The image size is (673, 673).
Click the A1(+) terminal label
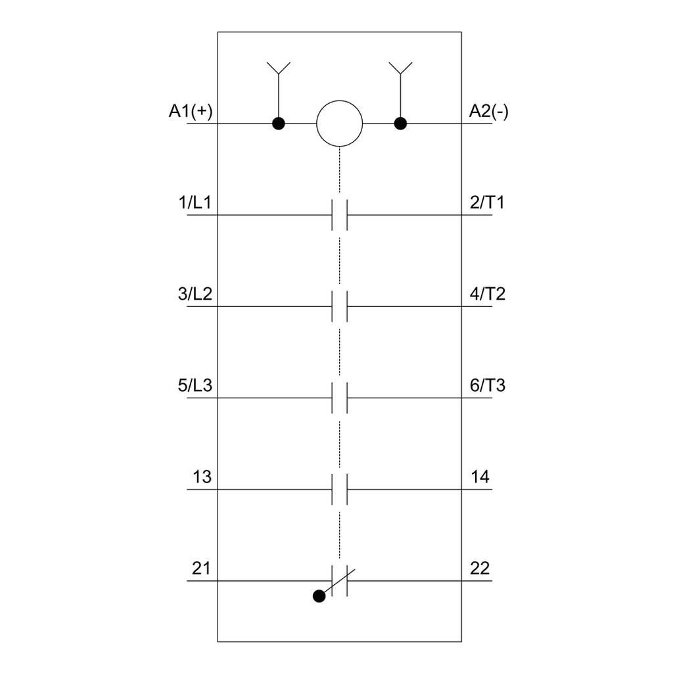(x=191, y=111)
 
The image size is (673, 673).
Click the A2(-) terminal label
(x=488, y=111)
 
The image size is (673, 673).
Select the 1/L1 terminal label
(x=195, y=202)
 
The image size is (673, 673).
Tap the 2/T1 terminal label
(x=487, y=202)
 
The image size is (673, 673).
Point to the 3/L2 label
(x=195, y=294)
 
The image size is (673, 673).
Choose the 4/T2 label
(x=488, y=294)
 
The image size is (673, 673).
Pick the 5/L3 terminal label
(x=195, y=385)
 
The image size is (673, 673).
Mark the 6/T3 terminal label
(x=488, y=385)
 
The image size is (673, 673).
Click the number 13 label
(x=202, y=477)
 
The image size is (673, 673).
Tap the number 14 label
(x=480, y=477)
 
